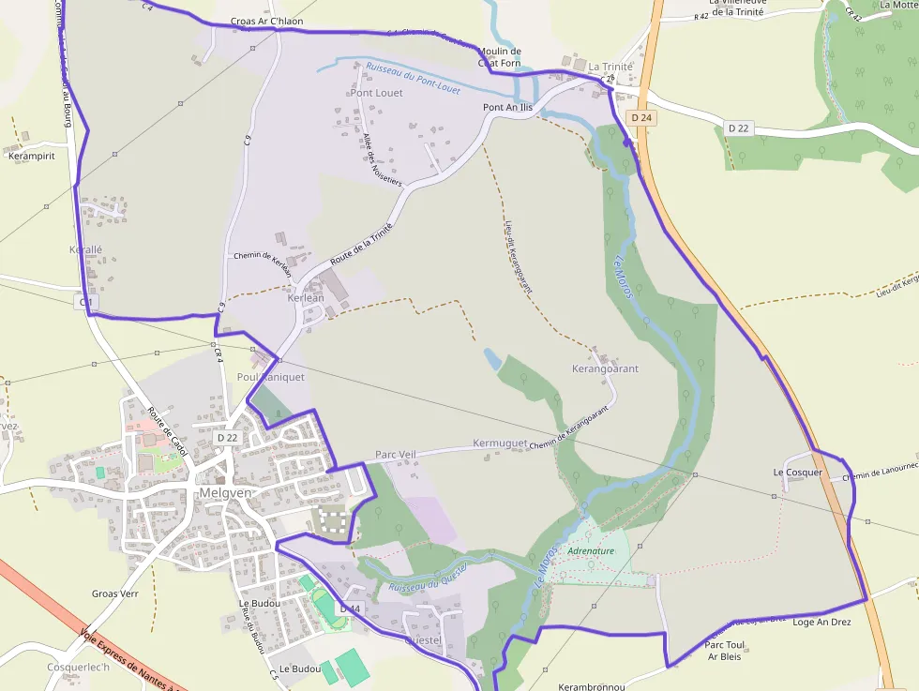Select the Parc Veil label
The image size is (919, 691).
pos(395,455)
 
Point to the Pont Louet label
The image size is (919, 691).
pos(376,93)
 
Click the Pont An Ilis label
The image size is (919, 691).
pos(507,108)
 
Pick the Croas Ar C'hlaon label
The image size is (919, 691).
pos(266,21)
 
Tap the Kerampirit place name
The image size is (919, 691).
pos(31,156)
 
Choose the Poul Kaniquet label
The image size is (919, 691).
pos(271,377)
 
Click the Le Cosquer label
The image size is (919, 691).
pos(797,472)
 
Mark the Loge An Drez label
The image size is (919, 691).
pos(821,622)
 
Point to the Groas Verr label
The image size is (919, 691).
pos(116,593)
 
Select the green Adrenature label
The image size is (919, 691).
pos(591,551)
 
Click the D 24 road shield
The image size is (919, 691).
pos(641,118)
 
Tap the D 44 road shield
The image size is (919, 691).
pos(350,609)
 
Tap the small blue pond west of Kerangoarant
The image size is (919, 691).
pos(492,358)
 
